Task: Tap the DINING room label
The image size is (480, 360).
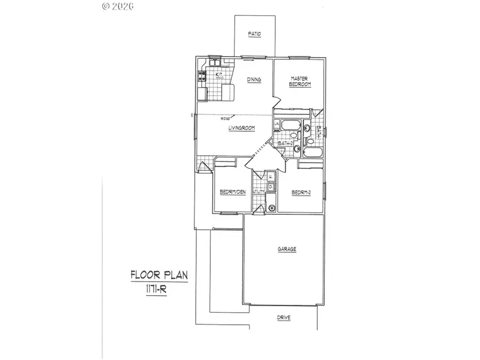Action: pos(254,80)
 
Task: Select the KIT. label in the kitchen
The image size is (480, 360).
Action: pos(219,75)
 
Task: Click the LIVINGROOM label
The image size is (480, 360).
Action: pos(241,128)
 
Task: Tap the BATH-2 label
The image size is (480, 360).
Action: pos(285,143)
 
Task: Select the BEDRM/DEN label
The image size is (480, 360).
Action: pos(233,192)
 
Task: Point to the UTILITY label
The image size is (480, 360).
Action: pos(259,191)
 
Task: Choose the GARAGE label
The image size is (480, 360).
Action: pos(286,249)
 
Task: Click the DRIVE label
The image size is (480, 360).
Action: pos(284,318)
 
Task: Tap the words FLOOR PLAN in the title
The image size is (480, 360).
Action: pos(159,276)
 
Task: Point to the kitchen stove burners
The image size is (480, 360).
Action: pos(202,77)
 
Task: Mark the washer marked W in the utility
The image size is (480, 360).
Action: pos(270,176)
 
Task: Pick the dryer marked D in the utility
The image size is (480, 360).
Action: pos(270,187)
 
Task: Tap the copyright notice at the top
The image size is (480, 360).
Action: pos(117,6)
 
